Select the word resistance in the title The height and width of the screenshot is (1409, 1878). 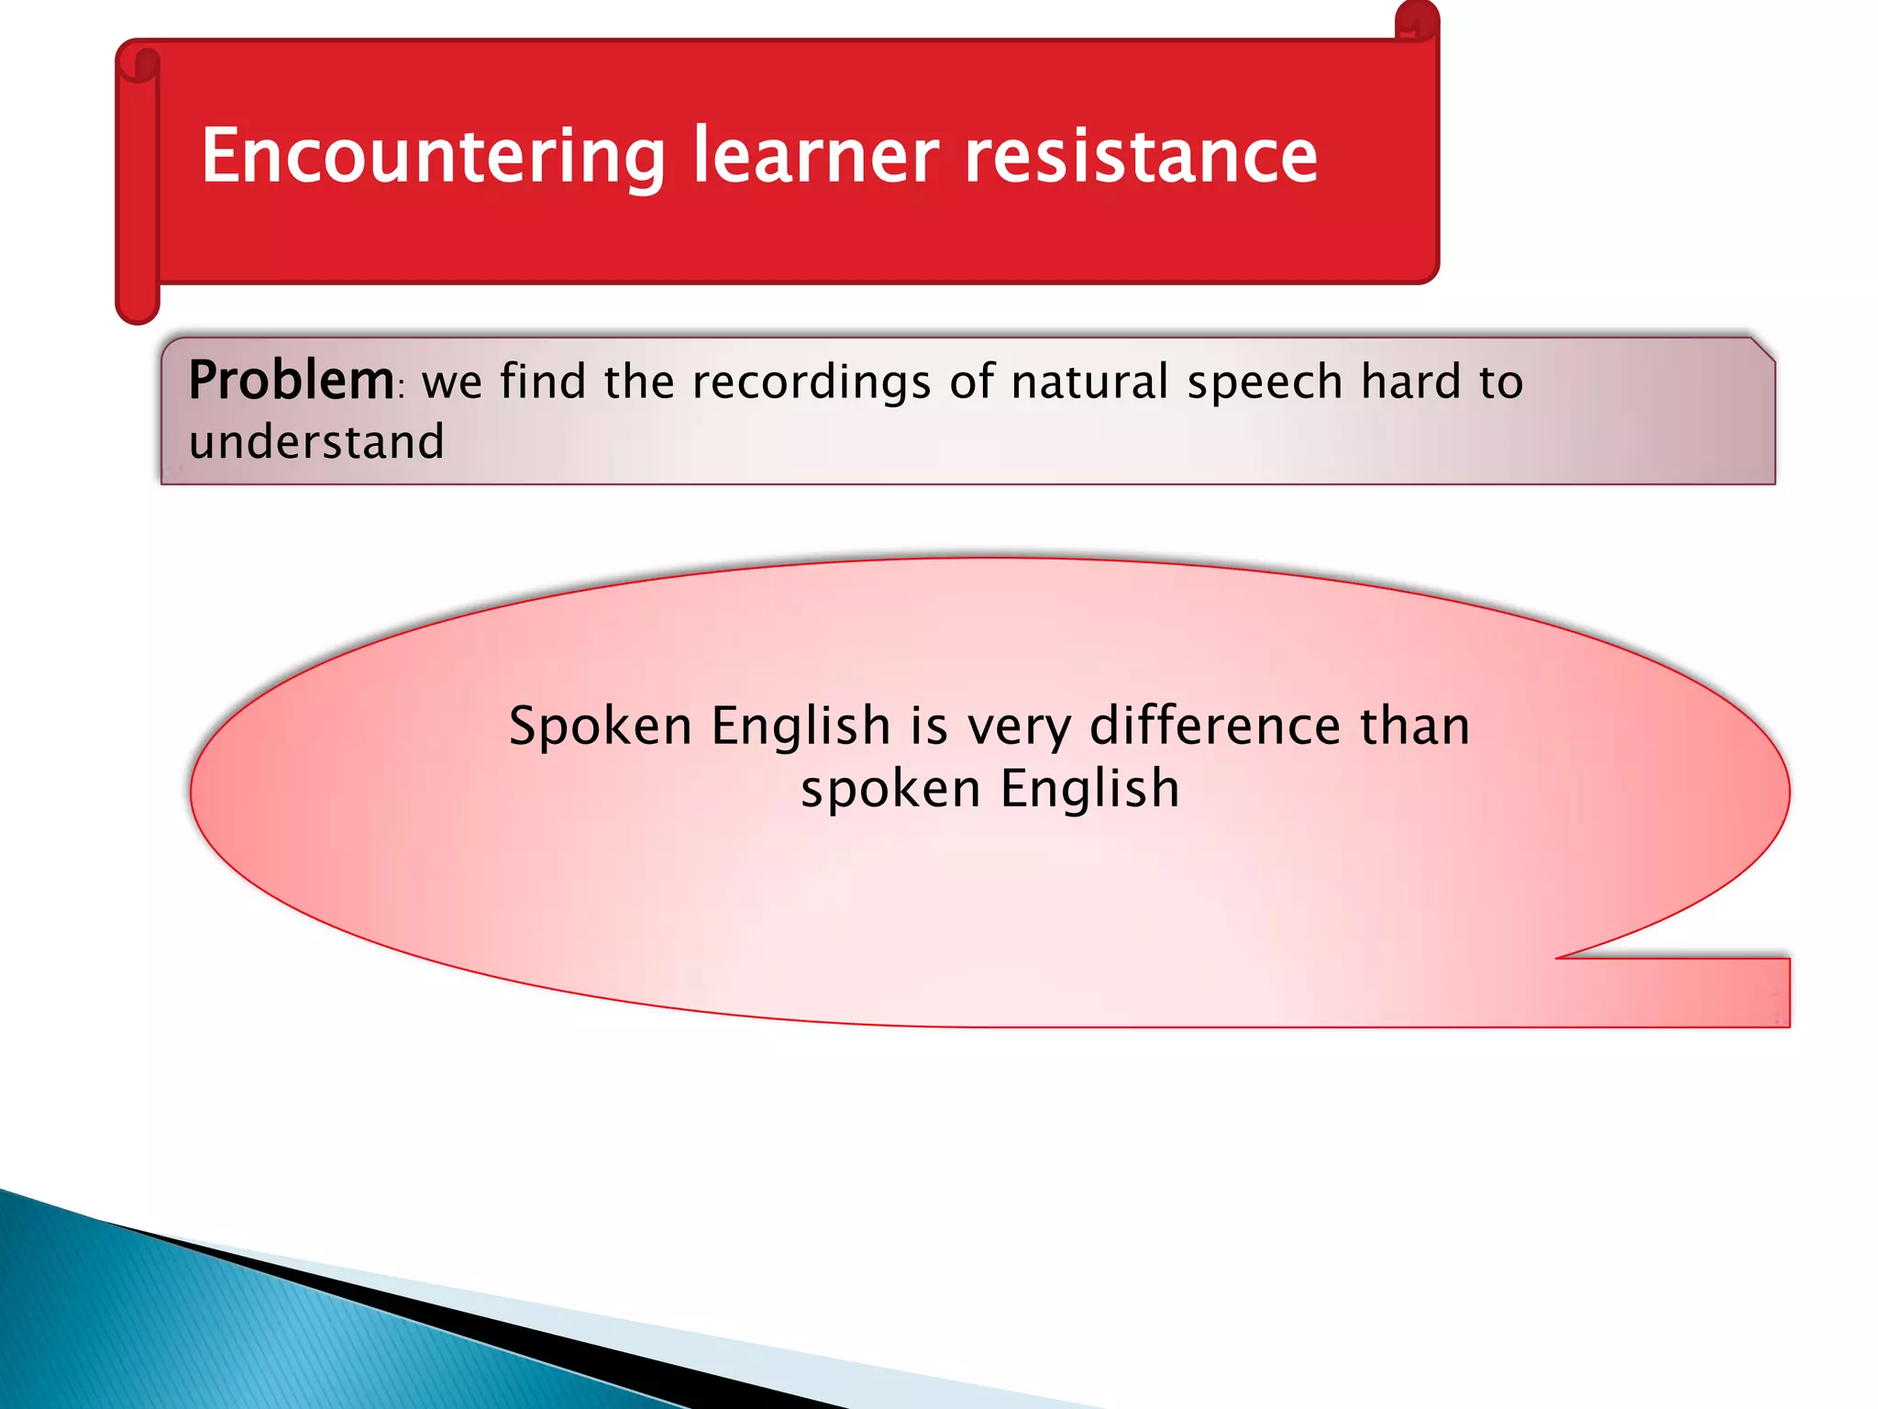[x=1141, y=156]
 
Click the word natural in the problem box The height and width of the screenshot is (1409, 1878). [x=1089, y=382]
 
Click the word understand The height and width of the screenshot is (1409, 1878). [x=316, y=442]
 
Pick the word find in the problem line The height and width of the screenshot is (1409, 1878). [x=543, y=381]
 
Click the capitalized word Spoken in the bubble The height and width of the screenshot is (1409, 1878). [x=600, y=727]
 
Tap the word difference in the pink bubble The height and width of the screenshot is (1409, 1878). [x=1215, y=726]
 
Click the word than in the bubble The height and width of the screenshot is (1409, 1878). [x=1415, y=726]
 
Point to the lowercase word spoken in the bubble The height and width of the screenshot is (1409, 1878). [x=890, y=790]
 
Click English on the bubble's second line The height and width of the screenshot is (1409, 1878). [x=1089, y=789]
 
